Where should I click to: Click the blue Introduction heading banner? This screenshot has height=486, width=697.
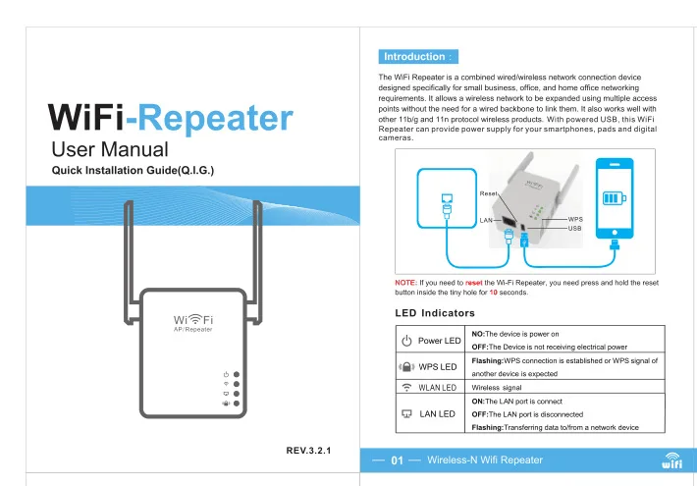[x=418, y=57]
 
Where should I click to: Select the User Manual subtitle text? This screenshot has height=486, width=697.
[x=110, y=149]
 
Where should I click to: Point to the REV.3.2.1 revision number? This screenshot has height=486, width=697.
[x=308, y=451]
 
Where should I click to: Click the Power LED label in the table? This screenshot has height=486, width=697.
[x=439, y=341]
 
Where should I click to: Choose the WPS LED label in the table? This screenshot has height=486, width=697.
[x=438, y=367]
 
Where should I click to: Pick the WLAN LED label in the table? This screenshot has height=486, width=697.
[x=438, y=388]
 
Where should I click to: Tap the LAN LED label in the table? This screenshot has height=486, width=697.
[x=438, y=414]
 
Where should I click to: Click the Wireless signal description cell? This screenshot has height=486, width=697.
[x=497, y=388]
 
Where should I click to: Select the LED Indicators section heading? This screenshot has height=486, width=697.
[x=435, y=313]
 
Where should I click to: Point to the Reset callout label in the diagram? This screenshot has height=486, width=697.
[x=488, y=193]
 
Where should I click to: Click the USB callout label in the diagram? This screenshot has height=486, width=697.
[x=574, y=228]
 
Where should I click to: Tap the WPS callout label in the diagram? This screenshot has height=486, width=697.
[x=575, y=219]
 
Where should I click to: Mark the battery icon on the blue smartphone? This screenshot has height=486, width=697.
[x=615, y=198]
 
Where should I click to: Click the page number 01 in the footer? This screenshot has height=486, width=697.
[x=397, y=460]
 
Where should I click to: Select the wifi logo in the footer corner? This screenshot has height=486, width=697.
[x=671, y=460]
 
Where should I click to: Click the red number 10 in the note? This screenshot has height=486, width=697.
[x=493, y=293]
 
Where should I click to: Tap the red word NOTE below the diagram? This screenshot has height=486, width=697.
[x=405, y=283]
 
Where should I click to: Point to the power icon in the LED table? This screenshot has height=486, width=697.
[x=406, y=341]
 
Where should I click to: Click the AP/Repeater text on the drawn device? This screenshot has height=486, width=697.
[x=193, y=330]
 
